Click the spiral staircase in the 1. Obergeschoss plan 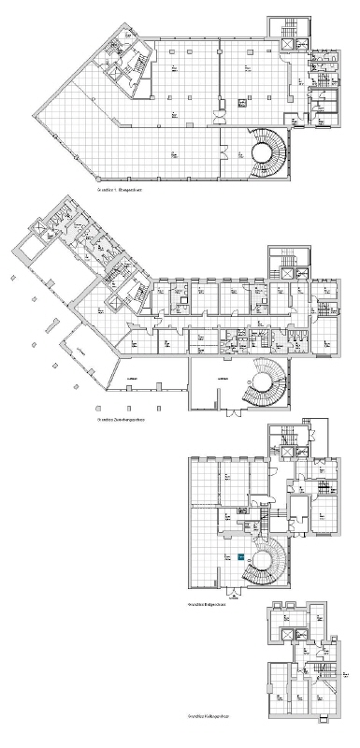(x=266, y=153)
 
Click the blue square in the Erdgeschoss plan (x=241, y=556)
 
